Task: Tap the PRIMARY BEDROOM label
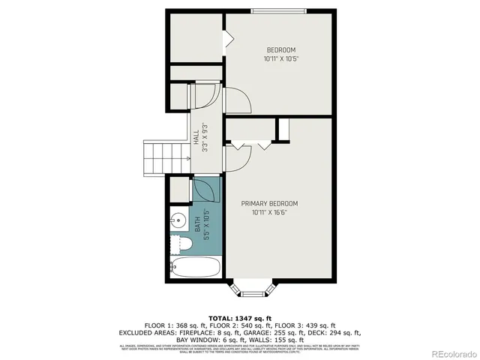269,203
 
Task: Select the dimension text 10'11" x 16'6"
269,212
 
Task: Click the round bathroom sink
177,220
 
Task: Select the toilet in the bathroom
180,244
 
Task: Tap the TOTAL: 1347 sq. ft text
240,318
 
